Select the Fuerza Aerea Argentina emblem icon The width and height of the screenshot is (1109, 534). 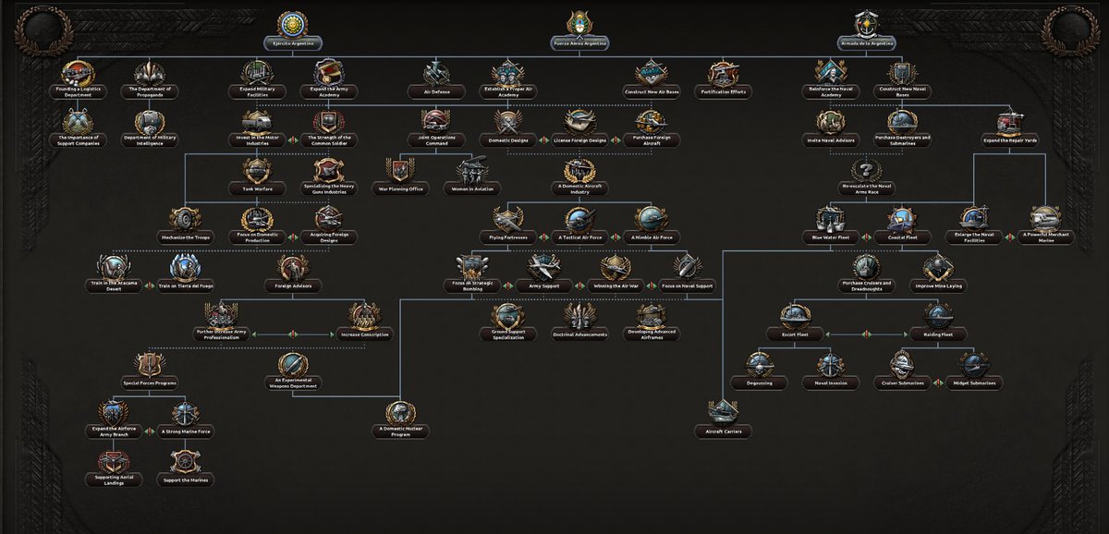click(x=581, y=22)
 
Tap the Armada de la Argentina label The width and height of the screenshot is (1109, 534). click(x=867, y=42)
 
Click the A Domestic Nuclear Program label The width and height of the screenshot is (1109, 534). click(x=400, y=431)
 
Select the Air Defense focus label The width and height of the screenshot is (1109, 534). click(x=436, y=92)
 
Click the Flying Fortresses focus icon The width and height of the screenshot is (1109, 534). click(x=507, y=219)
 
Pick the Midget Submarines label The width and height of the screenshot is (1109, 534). click(x=970, y=382)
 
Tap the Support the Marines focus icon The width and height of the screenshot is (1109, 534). click(x=185, y=461)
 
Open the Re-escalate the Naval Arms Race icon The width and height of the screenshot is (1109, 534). click(x=866, y=170)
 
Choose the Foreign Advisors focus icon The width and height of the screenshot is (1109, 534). click(x=291, y=267)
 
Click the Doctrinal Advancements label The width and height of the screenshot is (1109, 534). click(x=580, y=335)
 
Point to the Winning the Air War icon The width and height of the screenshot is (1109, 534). click(x=615, y=267)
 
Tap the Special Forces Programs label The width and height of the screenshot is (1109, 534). click(x=149, y=382)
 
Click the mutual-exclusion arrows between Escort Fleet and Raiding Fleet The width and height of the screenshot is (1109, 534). click(x=866, y=334)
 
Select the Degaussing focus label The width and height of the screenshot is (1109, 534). click(x=759, y=382)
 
